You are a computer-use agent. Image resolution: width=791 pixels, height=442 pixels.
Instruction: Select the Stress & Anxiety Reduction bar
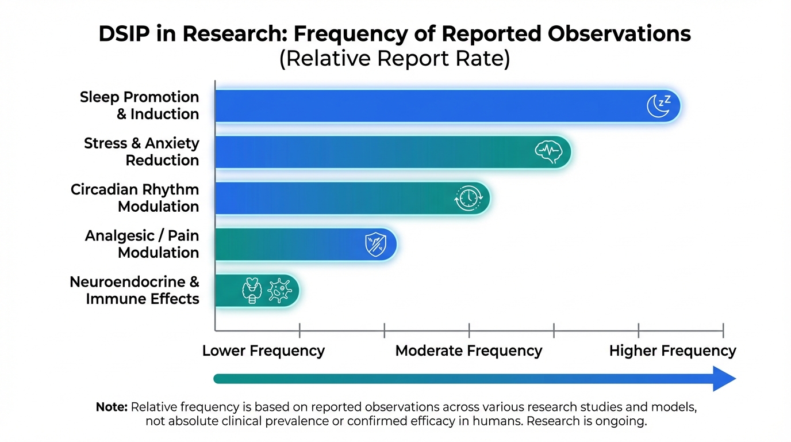coord(374,152)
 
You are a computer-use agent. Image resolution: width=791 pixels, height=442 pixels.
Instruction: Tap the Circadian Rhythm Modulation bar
coord(333,199)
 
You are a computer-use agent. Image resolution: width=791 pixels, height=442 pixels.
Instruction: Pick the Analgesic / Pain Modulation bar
coord(287,245)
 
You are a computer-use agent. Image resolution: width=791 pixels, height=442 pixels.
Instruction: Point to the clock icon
coord(467,199)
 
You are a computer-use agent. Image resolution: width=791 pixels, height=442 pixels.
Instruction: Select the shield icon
coord(376,245)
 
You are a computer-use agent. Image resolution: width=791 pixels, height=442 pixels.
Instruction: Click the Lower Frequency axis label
coord(263,350)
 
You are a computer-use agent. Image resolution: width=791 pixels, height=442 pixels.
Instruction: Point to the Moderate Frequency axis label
coord(469,350)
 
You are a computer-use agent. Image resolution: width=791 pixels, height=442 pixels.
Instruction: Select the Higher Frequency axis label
coord(673,350)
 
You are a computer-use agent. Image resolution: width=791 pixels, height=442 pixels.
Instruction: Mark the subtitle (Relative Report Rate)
coord(394,60)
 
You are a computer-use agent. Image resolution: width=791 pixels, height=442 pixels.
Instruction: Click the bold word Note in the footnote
coord(112,407)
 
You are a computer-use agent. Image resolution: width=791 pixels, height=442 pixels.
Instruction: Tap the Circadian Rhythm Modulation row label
coord(135,198)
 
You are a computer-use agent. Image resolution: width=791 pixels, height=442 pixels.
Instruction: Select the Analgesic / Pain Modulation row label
coord(142,244)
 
